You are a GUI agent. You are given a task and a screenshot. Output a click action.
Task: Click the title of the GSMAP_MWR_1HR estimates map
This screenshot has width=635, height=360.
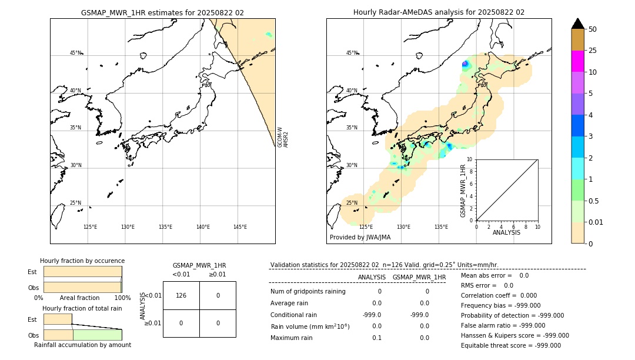(162, 12)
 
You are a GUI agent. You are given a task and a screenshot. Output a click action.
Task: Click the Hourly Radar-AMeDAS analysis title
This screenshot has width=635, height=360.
(439, 12)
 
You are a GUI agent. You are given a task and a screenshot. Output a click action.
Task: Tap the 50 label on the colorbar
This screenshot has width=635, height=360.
(593, 29)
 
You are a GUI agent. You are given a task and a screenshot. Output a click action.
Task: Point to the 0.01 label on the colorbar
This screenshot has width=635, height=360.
(596, 222)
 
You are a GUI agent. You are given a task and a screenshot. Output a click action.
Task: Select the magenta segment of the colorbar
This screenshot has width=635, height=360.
(577, 61)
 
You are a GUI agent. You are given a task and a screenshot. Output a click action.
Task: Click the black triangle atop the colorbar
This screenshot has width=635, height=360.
(577, 24)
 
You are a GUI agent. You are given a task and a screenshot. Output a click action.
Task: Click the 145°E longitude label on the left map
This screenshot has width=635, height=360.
(240, 227)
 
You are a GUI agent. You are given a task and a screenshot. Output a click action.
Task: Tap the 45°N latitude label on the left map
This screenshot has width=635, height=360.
(76, 53)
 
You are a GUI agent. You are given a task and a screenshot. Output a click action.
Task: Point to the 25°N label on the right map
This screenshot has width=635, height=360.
(352, 203)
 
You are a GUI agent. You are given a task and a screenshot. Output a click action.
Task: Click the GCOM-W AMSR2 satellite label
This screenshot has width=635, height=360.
(283, 136)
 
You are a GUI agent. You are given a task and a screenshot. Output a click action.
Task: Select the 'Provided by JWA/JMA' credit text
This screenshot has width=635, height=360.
(360, 238)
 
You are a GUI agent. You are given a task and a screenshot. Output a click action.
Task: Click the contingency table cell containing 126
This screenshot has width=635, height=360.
(181, 295)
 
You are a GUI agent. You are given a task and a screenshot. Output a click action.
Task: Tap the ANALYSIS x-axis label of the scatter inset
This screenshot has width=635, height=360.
(506, 232)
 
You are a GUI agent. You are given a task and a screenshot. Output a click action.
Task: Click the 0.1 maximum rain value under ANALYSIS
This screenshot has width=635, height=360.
(376, 338)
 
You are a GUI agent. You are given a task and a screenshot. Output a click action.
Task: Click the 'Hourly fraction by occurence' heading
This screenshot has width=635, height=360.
(82, 261)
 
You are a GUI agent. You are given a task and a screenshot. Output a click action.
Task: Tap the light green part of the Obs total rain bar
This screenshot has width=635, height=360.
(97, 335)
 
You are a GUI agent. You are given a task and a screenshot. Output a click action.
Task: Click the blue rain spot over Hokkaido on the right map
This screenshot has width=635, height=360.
(464, 64)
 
